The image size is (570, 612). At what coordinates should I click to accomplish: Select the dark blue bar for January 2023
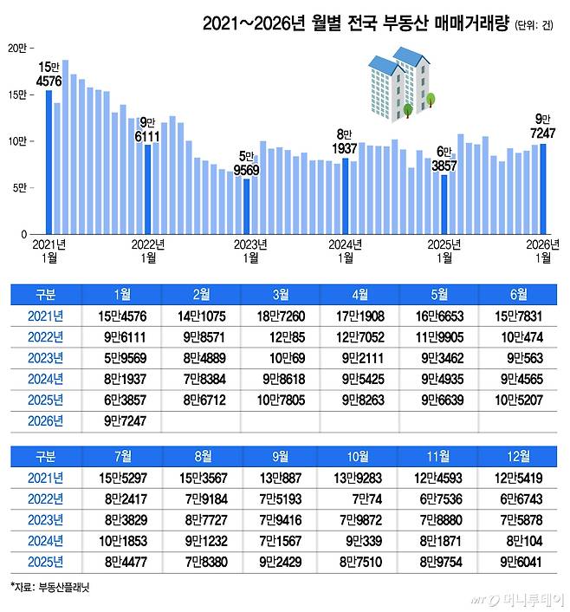coord(247,206)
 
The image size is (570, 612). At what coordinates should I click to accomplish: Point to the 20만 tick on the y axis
coord(17,48)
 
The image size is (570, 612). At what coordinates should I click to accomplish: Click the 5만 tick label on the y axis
coord(19,188)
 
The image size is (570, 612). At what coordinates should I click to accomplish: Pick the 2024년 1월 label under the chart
coord(345,251)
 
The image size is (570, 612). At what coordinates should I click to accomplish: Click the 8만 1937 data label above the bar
coord(345,143)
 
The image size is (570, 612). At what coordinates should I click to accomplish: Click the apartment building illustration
coord(400,82)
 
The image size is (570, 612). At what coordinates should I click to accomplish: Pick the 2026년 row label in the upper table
coord(45,421)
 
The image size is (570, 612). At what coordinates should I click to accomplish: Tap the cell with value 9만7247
coord(122,421)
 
